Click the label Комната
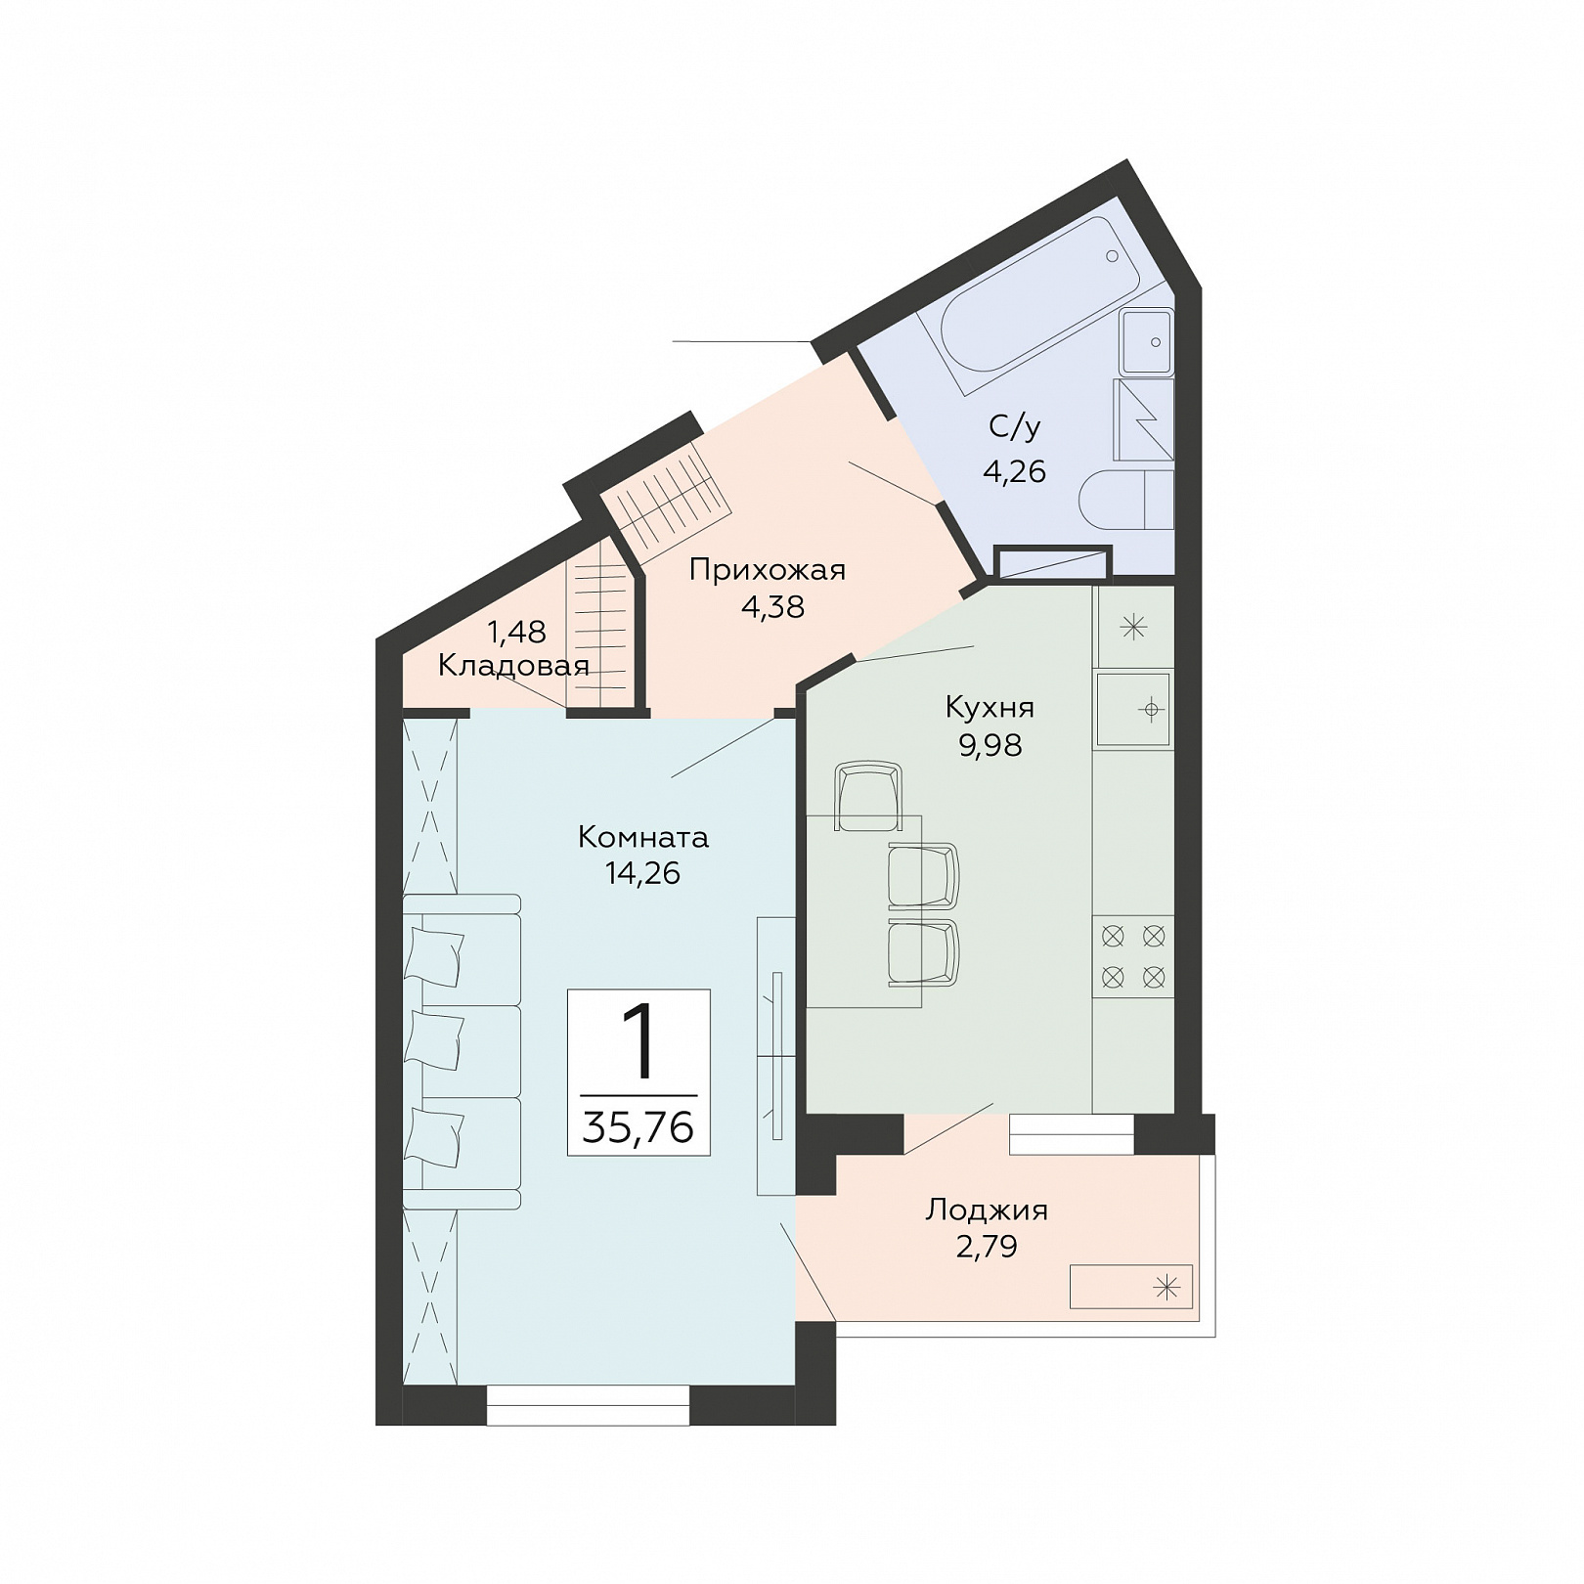click(643, 837)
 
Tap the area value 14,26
click(642, 873)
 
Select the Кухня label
click(990, 707)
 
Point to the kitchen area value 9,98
click(990, 745)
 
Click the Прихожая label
click(767, 569)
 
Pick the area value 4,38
click(772, 607)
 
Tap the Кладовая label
click(513, 667)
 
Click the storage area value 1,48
click(517, 633)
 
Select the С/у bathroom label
click(1015, 426)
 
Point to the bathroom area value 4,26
click(1014, 472)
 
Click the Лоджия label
click(987, 1210)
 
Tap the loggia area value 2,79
click(987, 1248)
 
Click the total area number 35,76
click(638, 1127)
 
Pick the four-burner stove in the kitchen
click(1133, 956)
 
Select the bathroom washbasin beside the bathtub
click(1147, 342)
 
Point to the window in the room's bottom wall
click(588, 1405)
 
